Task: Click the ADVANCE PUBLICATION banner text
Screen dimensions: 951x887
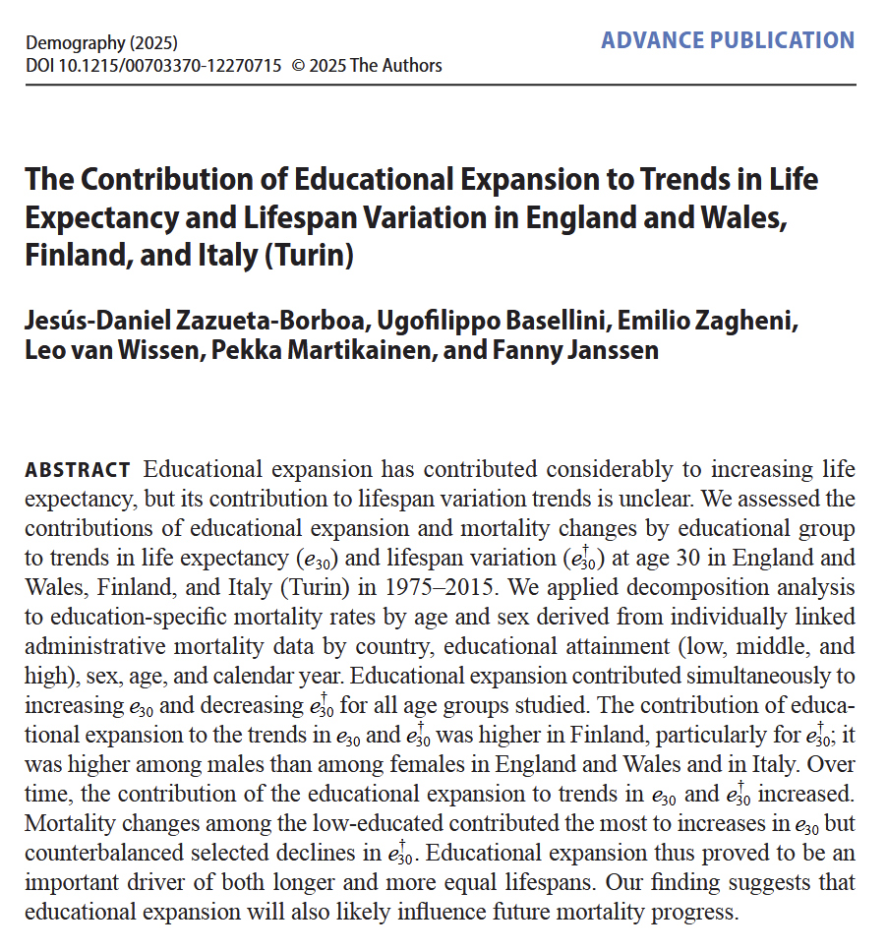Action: tap(728, 40)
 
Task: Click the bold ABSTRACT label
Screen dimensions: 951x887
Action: tap(77, 470)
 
